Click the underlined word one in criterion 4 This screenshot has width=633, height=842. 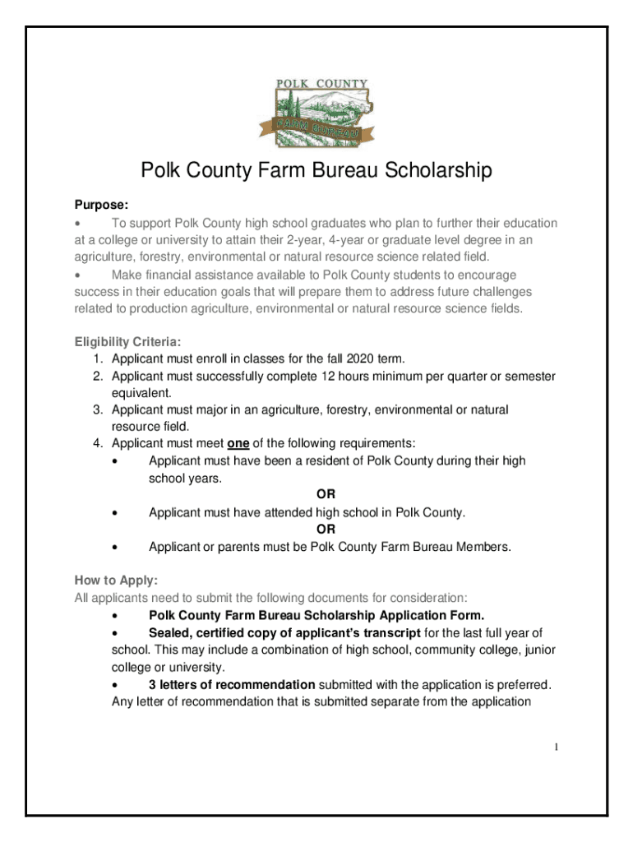click(238, 443)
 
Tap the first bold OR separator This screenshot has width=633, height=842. click(326, 495)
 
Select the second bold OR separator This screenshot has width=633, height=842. click(326, 530)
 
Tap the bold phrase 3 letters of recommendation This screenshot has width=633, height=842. click(232, 684)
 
